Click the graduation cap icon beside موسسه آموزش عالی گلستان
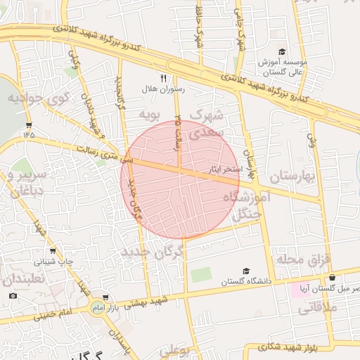pos(282,52)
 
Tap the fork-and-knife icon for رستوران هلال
pos(164,78)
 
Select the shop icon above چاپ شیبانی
pos(53,251)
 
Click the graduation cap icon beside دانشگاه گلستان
pos(245,271)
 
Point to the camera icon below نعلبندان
pos(13,295)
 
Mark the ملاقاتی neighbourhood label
pos(322,307)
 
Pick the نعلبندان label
pos(23,279)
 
